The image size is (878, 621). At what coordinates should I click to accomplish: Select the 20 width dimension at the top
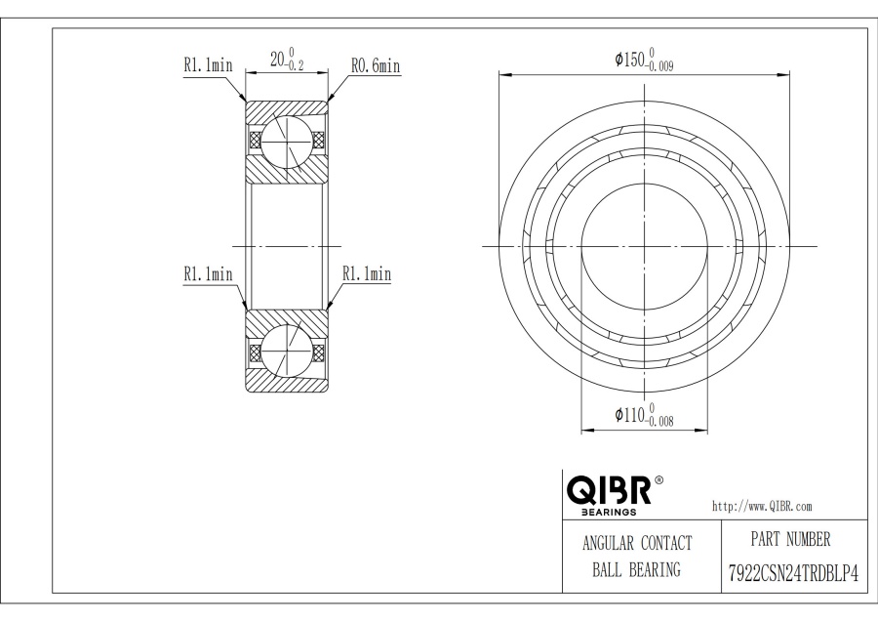click(287, 60)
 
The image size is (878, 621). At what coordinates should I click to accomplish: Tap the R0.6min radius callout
click(376, 65)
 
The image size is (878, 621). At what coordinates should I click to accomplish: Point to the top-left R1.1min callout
click(208, 64)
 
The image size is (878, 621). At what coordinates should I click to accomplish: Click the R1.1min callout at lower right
click(367, 274)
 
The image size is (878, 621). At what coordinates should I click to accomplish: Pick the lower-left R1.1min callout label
click(208, 273)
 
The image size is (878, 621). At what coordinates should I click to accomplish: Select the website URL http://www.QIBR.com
click(762, 507)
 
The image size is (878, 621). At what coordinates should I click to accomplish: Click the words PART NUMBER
click(790, 539)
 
